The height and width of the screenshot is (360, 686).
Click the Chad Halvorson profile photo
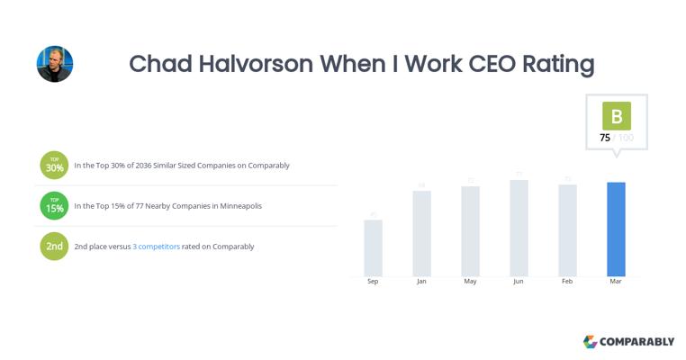point(54,64)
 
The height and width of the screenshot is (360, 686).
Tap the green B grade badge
point(617,116)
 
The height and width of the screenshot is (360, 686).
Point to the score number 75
point(605,138)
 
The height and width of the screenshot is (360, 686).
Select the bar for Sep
point(373,247)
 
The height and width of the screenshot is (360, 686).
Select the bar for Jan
point(421,233)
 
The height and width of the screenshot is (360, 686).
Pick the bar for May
point(470,230)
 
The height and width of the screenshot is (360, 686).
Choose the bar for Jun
point(519,228)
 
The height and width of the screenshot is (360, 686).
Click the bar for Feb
point(567,229)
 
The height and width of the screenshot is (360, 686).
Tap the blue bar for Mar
point(616,229)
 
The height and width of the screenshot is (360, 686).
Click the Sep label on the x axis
point(373,282)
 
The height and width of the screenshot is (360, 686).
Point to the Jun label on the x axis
point(519,282)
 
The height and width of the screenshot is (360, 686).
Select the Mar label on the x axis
point(616,282)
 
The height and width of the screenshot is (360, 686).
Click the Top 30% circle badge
point(54,166)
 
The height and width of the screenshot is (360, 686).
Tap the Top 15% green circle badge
point(54,206)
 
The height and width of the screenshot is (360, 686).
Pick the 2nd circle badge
point(54,247)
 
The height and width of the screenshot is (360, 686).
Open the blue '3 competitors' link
point(156,247)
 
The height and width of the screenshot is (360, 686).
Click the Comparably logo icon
point(590,342)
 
